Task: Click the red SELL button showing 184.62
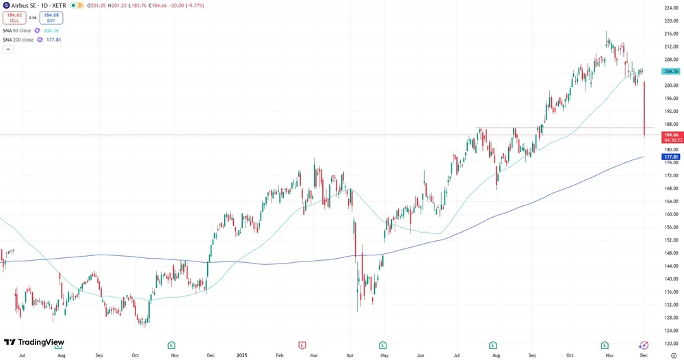point(14,17)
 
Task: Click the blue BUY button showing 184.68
point(50,17)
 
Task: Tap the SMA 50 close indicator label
point(18,30)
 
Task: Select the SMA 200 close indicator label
point(18,40)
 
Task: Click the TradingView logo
point(34,342)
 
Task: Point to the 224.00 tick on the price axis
point(670,8)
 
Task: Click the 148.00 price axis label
point(670,253)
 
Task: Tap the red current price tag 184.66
point(670,136)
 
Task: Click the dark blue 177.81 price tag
point(670,157)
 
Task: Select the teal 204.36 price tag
point(670,71)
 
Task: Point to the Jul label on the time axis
point(23,356)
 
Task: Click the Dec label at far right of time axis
point(644,356)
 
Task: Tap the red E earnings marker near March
point(302,345)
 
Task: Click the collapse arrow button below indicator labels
point(8,49)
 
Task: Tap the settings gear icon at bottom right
point(674,356)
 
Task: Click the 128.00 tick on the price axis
point(670,318)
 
